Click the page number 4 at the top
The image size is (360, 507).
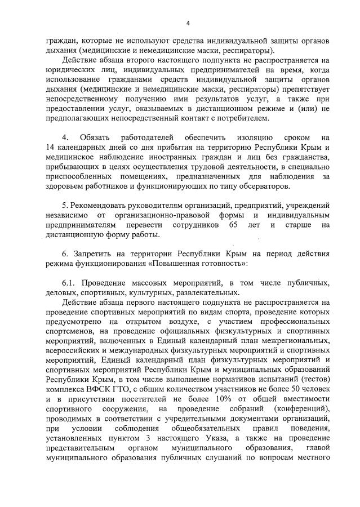click(x=188, y=23)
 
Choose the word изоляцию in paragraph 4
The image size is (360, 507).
click(x=254, y=137)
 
